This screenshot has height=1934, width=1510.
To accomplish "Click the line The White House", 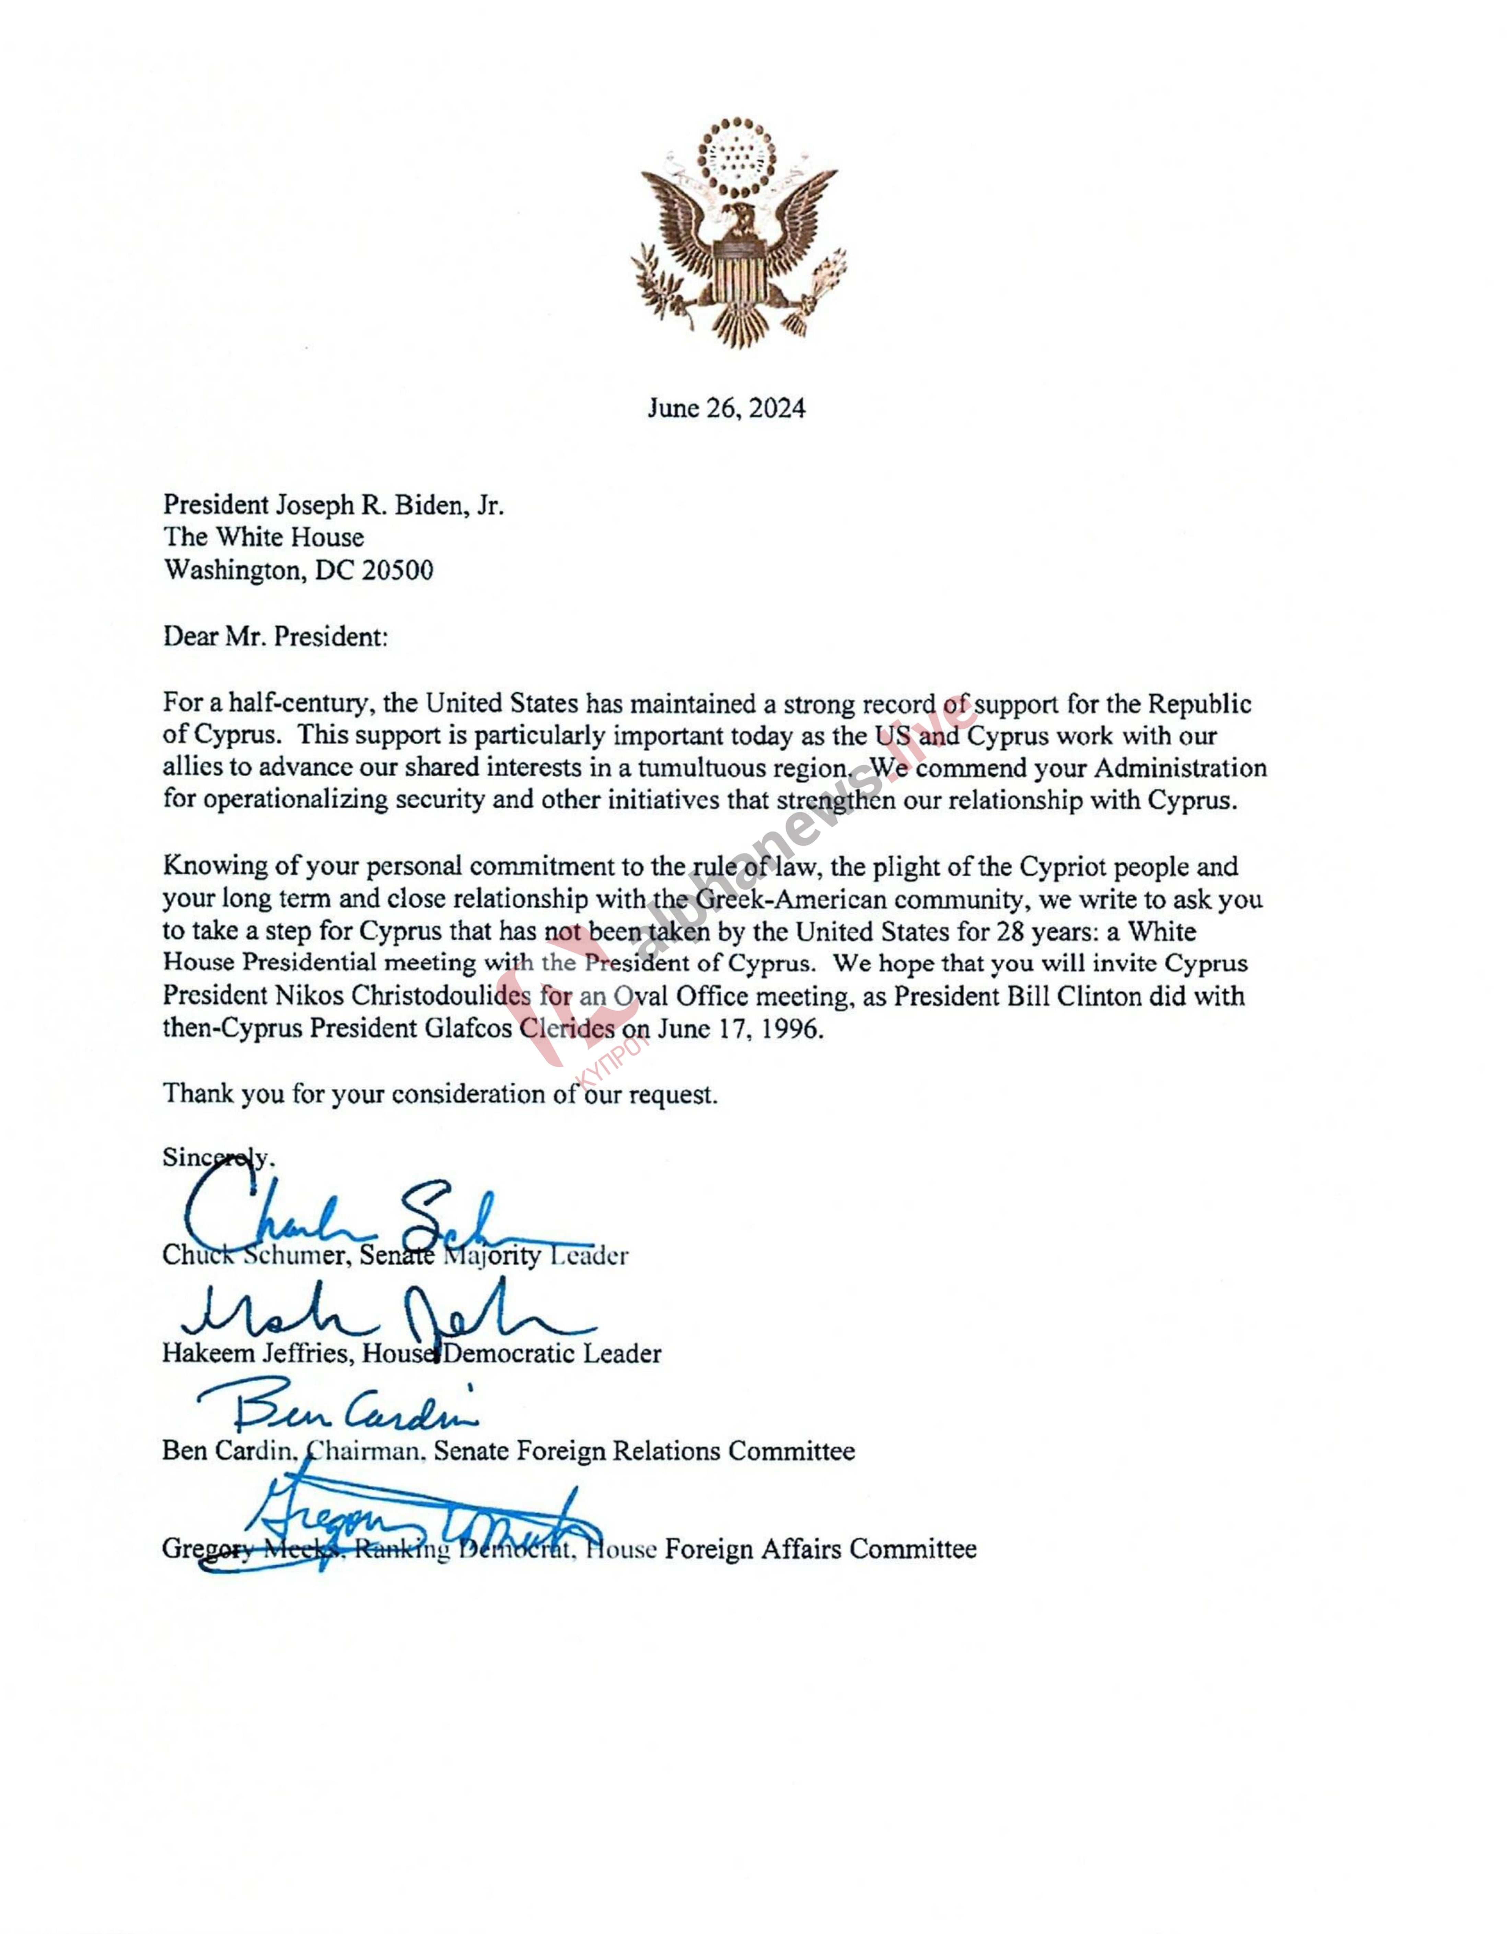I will [x=263, y=538].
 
